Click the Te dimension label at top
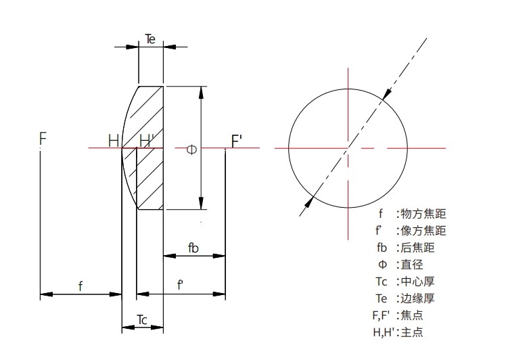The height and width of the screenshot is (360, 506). tap(150, 39)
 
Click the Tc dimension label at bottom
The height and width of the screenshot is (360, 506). tap(142, 319)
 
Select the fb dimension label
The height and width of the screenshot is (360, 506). tap(193, 248)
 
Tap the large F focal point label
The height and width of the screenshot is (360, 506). tap(43, 139)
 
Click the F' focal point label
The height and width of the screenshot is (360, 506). tap(237, 141)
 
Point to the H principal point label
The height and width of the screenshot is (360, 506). tap(114, 141)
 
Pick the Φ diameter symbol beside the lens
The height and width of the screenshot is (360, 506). tap(191, 149)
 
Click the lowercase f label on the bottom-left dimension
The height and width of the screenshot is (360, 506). tap(80, 286)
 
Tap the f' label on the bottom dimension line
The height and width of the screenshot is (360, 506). tap(180, 286)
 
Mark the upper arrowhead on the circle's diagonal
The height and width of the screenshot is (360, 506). tap(384, 95)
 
